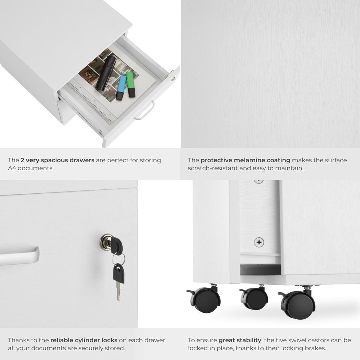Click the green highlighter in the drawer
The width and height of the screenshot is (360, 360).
point(130,84)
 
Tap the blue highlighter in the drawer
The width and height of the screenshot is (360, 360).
point(121,87)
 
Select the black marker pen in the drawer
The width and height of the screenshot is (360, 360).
point(106,73)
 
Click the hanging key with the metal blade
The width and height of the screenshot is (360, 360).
point(118,281)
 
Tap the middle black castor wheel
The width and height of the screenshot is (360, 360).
point(255,298)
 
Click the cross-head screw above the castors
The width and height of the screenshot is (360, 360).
point(259,242)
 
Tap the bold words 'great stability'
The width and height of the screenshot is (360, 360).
point(240,340)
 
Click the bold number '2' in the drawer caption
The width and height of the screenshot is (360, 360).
point(22,160)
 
